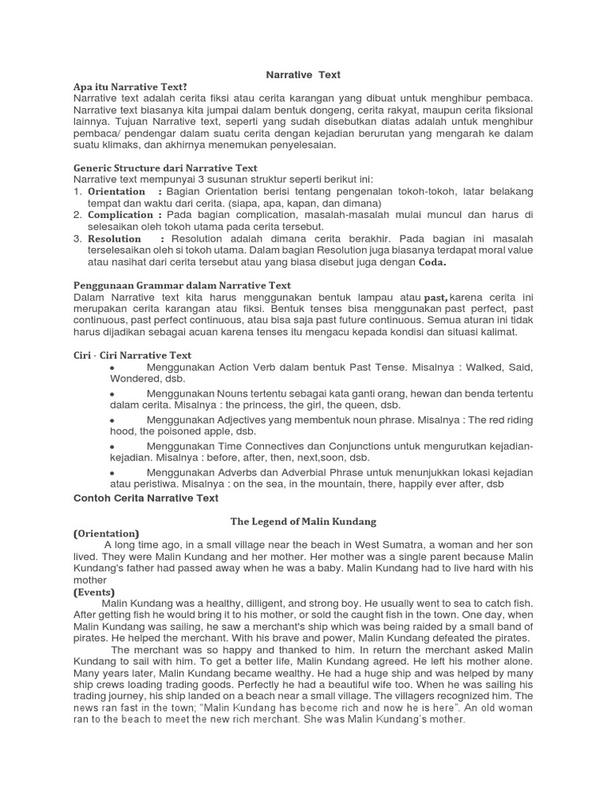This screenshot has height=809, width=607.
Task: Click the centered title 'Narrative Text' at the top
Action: point(303,74)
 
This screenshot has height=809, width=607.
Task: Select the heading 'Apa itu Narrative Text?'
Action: point(130,86)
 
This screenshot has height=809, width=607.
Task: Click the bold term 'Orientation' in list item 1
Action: point(116,192)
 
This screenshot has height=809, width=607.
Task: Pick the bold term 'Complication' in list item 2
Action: point(120,215)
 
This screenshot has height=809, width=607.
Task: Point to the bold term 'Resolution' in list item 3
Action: point(114,239)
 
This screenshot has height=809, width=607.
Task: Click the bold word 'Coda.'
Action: point(432,262)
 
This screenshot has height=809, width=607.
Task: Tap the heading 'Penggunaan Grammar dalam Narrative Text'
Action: point(182,285)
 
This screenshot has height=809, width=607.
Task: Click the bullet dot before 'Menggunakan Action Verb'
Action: point(113,369)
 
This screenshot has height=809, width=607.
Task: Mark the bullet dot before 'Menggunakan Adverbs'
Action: point(113,472)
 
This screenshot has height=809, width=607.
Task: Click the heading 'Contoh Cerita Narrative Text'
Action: point(145,499)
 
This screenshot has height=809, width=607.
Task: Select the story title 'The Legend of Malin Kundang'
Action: point(303,521)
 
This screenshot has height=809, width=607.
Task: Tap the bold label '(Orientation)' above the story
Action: point(106,533)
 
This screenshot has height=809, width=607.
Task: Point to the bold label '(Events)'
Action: point(94,592)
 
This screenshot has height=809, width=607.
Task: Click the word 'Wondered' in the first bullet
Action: point(99,379)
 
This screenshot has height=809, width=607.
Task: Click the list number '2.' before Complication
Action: point(78,215)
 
